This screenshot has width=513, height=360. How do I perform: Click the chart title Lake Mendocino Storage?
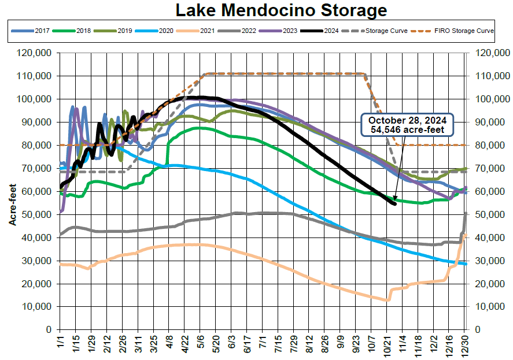pos(281,10)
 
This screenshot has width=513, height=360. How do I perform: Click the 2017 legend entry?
pos(35,31)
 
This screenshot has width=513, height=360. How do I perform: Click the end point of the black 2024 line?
pos(395,203)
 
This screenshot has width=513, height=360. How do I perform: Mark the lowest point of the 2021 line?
pos(386,300)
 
